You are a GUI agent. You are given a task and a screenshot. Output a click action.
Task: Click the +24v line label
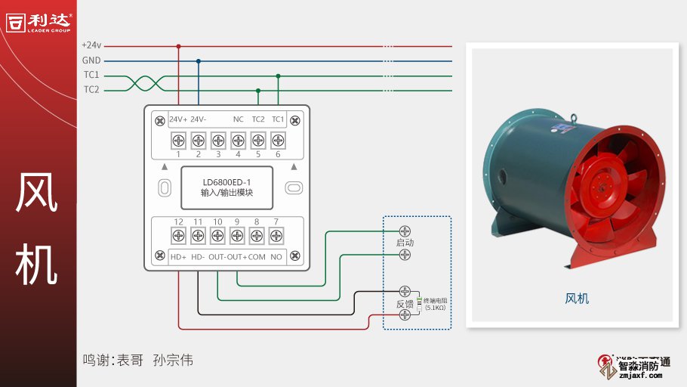[x=91, y=45]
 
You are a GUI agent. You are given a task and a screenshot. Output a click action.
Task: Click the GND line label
[x=91, y=60]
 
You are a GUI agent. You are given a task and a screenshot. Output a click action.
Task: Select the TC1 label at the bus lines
[x=91, y=75]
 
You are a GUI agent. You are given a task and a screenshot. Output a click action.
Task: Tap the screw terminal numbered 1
[x=179, y=140]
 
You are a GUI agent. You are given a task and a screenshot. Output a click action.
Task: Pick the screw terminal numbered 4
[x=238, y=140]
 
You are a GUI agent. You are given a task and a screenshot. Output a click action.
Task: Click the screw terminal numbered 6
[x=278, y=140]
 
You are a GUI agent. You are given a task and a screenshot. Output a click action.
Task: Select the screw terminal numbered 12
[x=178, y=236]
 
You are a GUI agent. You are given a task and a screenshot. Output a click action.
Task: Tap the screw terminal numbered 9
[x=237, y=236]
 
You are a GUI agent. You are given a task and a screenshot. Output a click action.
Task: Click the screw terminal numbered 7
[x=276, y=236]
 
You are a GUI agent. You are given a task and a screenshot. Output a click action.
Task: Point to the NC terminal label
[x=238, y=119]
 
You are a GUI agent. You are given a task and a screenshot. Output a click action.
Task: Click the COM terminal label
[x=257, y=257]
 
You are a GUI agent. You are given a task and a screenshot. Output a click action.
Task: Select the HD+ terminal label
[x=178, y=257]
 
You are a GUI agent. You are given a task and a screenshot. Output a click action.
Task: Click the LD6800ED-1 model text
[x=226, y=181]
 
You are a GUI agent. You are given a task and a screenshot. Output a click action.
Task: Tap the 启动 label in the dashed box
[x=405, y=243]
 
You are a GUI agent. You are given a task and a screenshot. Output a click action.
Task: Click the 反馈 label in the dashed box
[x=405, y=304]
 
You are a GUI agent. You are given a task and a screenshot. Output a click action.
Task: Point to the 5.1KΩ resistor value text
[x=435, y=308]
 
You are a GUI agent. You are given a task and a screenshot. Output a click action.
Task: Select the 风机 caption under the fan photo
[x=577, y=299]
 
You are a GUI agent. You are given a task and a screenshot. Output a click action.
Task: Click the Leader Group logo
[x=38, y=23]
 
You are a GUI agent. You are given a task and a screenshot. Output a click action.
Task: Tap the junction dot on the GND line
[x=199, y=60]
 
